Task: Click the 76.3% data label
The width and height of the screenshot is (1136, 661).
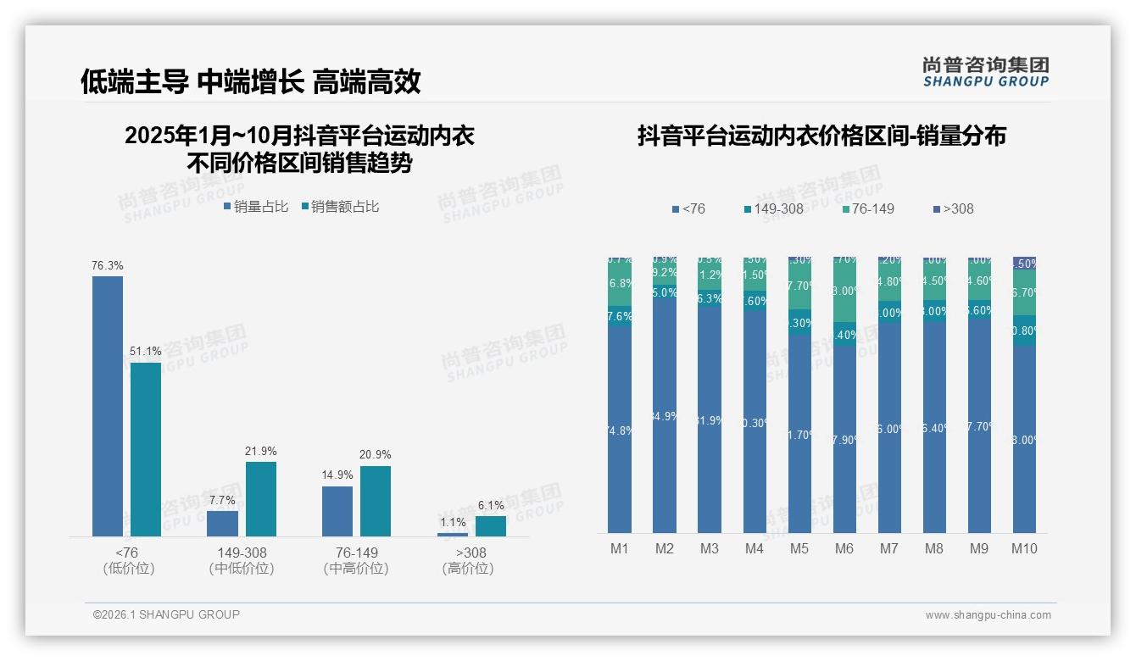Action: click(108, 265)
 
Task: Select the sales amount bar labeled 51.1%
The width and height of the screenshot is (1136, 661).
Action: click(146, 449)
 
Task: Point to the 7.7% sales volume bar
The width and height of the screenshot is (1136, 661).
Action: click(222, 523)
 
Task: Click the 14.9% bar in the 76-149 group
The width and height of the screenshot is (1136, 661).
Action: click(337, 511)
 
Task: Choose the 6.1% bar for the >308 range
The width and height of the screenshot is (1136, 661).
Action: click(491, 525)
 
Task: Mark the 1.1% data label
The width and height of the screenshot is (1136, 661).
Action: click(453, 522)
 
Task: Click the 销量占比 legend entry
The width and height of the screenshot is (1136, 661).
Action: click(256, 206)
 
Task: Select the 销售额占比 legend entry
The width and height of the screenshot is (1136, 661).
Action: click(340, 206)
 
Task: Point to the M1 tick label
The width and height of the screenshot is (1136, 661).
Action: click(620, 548)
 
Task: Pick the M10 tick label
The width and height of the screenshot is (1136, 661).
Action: click(1024, 548)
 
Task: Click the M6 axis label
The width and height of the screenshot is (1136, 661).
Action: click(844, 548)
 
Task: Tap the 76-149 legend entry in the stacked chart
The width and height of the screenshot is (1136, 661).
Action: click(869, 208)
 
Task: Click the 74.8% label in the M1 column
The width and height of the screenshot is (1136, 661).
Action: click(620, 430)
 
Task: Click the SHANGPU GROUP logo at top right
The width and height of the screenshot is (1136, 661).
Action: click(986, 72)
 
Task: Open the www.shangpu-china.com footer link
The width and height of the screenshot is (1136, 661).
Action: click(988, 615)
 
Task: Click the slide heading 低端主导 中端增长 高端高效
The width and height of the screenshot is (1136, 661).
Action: click(251, 81)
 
